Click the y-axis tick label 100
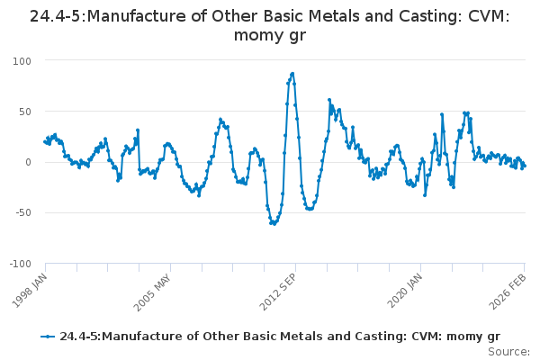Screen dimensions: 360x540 point(21,60)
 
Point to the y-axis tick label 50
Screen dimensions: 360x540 point(23,112)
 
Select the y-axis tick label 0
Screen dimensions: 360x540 point(28,162)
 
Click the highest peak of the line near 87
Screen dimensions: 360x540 point(292,74)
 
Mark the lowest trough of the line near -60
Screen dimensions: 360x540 point(273,223)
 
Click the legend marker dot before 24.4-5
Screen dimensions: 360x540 point(48,337)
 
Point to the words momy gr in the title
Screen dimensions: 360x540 point(270,36)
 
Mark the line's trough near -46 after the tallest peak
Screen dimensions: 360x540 point(310,209)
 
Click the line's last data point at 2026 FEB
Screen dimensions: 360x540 point(524,165)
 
